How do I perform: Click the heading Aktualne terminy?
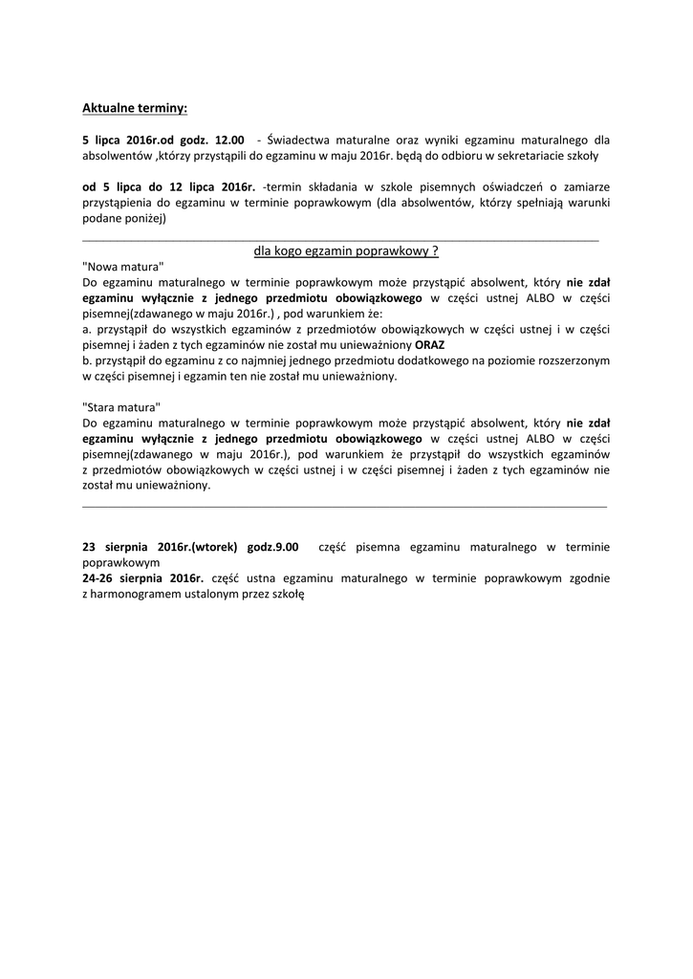coord(135,108)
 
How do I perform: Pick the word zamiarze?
coord(586,186)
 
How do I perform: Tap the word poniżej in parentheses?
coord(142,218)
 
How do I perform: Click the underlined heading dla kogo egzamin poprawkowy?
coord(346,250)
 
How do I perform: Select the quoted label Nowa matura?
coord(123,267)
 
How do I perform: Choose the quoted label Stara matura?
coord(121,407)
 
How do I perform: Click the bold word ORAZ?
coord(430,344)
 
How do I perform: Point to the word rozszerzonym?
coord(574,360)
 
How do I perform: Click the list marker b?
coord(86,360)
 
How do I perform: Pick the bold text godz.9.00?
coord(272,547)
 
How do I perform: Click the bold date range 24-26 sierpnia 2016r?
coord(143,578)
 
